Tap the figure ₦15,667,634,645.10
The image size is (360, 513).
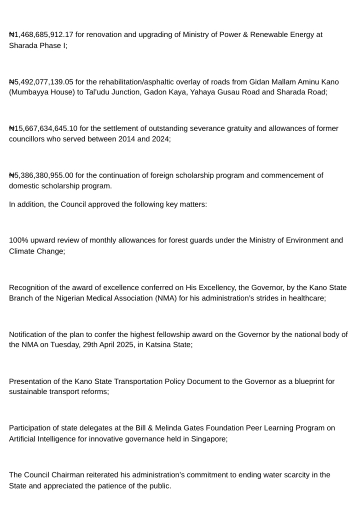click(x=43, y=128)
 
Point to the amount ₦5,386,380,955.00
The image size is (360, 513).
click(x=41, y=175)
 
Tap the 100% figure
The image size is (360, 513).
click(x=18, y=240)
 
